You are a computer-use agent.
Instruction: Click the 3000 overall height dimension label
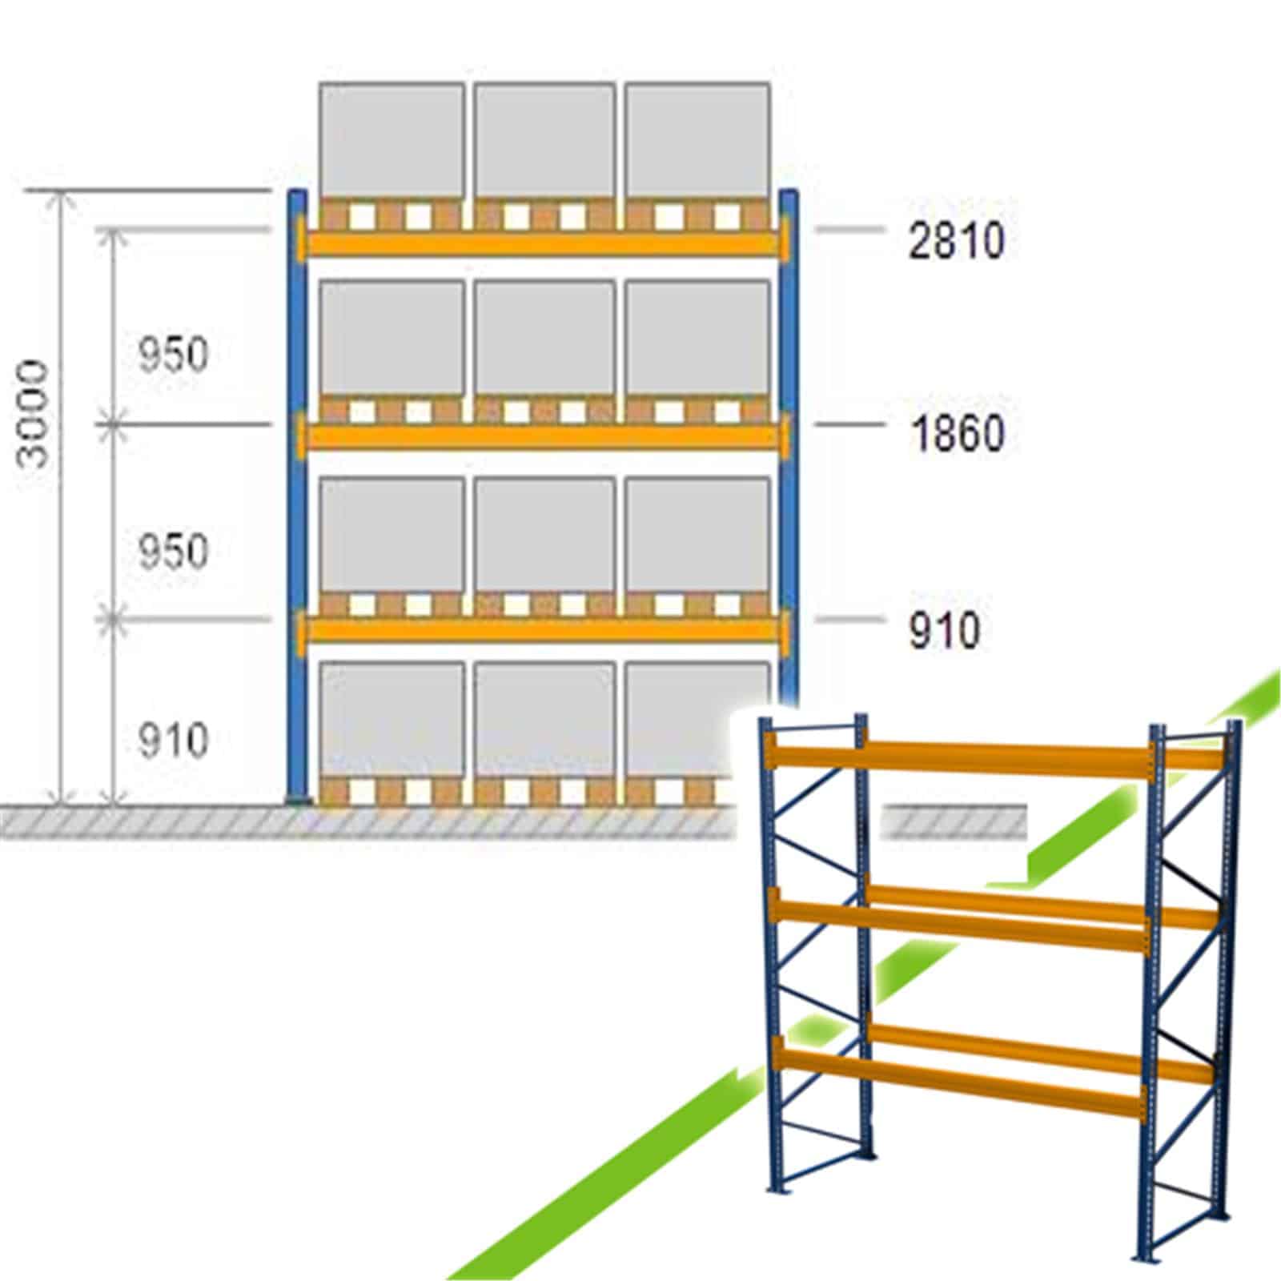tap(35, 414)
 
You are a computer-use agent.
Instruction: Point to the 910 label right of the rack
tap(944, 630)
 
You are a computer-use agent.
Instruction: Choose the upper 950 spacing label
tap(173, 354)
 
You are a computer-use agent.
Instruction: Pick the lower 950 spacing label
tap(173, 551)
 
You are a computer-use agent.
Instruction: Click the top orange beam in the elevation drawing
tap(543, 242)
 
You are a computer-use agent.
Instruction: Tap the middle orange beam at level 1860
tap(543, 436)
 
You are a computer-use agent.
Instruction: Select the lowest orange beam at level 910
tap(543, 630)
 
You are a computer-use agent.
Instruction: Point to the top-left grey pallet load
tap(392, 141)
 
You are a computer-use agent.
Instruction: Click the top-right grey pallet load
tap(697, 141)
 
